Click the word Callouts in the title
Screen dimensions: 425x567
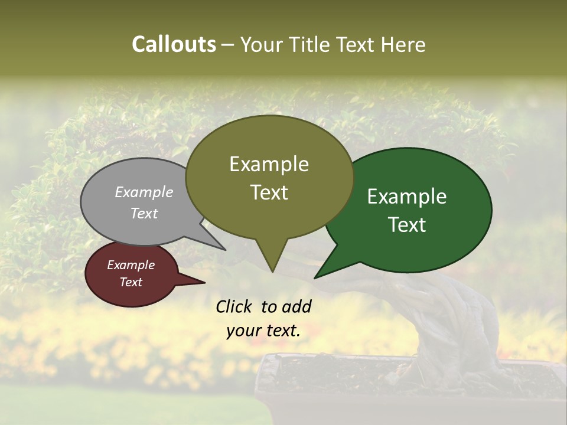point(174,44)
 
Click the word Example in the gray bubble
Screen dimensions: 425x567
point(144,192)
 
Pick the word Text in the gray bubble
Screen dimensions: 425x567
point(144,213)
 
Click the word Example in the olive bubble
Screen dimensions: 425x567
point(269,164)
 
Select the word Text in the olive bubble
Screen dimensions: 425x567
point(269,192)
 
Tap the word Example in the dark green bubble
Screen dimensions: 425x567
point(407,197)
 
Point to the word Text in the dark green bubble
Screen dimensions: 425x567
point(407,225)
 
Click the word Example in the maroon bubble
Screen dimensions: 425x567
point(131,265)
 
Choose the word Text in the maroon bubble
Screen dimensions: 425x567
point(131,282)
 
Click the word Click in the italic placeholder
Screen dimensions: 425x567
point(235,306)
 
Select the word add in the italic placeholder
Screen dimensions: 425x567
point(296,306)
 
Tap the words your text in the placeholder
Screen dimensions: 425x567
point(263,331)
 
